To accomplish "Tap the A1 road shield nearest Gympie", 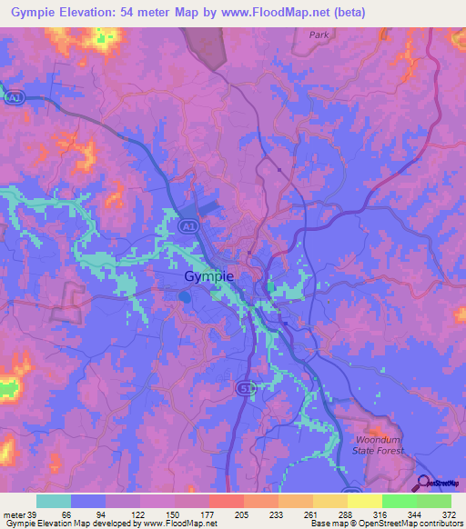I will (x=187, y=225).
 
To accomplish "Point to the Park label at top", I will (x=318, y=35).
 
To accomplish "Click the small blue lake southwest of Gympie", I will (x=185, y=296).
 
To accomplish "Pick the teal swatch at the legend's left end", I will (x=54, y=501).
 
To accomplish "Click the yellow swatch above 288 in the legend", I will (x=329, y=501).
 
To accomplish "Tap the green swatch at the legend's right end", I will (x=433, y=501).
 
